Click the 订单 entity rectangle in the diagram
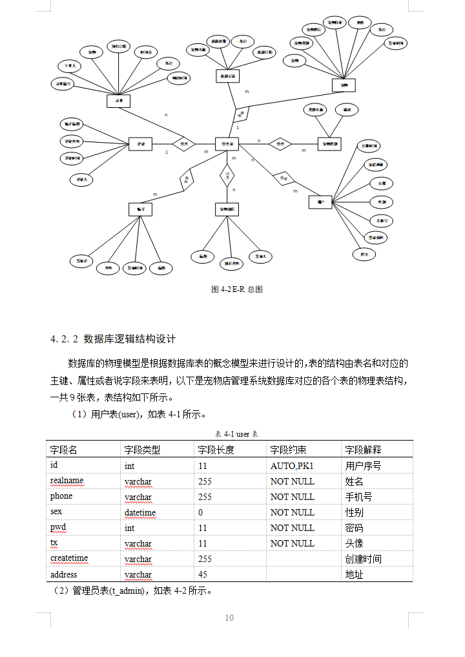tap(118, 101)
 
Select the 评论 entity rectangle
tap(140, 143)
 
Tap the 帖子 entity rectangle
tap(140, 209)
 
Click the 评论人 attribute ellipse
tap(82, 178)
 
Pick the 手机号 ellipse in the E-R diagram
tap(381, 220)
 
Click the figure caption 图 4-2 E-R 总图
tap(236, 289)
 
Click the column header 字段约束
tap(288, 450)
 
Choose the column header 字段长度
tap(216, 450)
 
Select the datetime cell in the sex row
tap(140, 512)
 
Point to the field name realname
tap(67, 481)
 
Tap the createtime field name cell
tap(69, 558)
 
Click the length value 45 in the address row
tap(203, 574)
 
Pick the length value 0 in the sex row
tap(201, 512)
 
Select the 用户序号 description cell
tap(363, 466)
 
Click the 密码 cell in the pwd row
tap(354, 528)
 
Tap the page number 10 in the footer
tap(229, 618)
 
